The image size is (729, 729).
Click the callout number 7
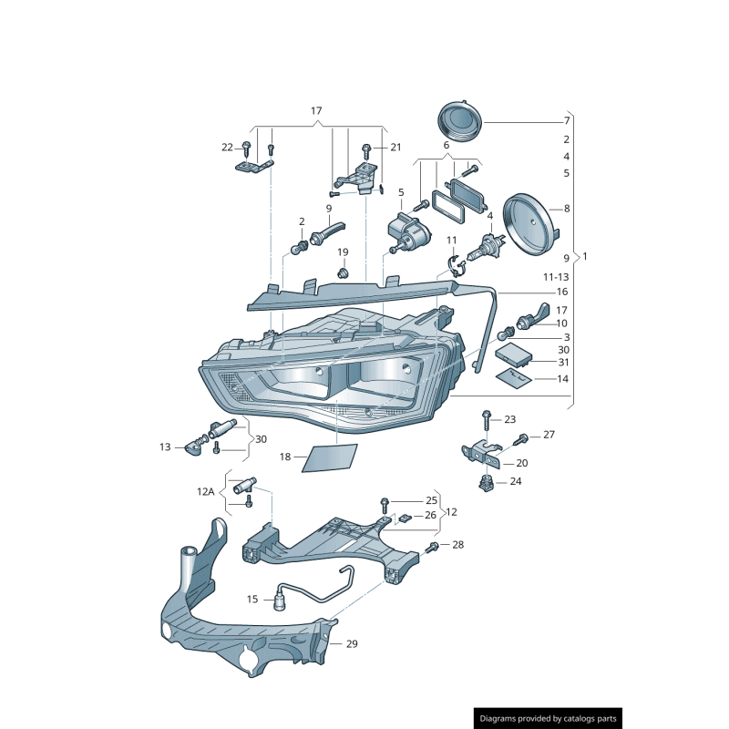566,121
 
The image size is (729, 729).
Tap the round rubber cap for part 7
459,120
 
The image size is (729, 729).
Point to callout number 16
562,292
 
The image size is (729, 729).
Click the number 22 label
227,147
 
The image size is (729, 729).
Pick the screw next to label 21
366,149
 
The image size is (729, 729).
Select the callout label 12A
206,492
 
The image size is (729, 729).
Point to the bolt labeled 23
487,419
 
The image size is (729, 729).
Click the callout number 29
352,643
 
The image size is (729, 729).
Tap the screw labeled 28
434,546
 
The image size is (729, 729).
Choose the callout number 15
252,599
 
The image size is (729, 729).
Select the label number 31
562,362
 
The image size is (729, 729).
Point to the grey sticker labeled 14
514,377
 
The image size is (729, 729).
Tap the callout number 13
165,447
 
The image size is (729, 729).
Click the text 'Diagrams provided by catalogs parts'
549,719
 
